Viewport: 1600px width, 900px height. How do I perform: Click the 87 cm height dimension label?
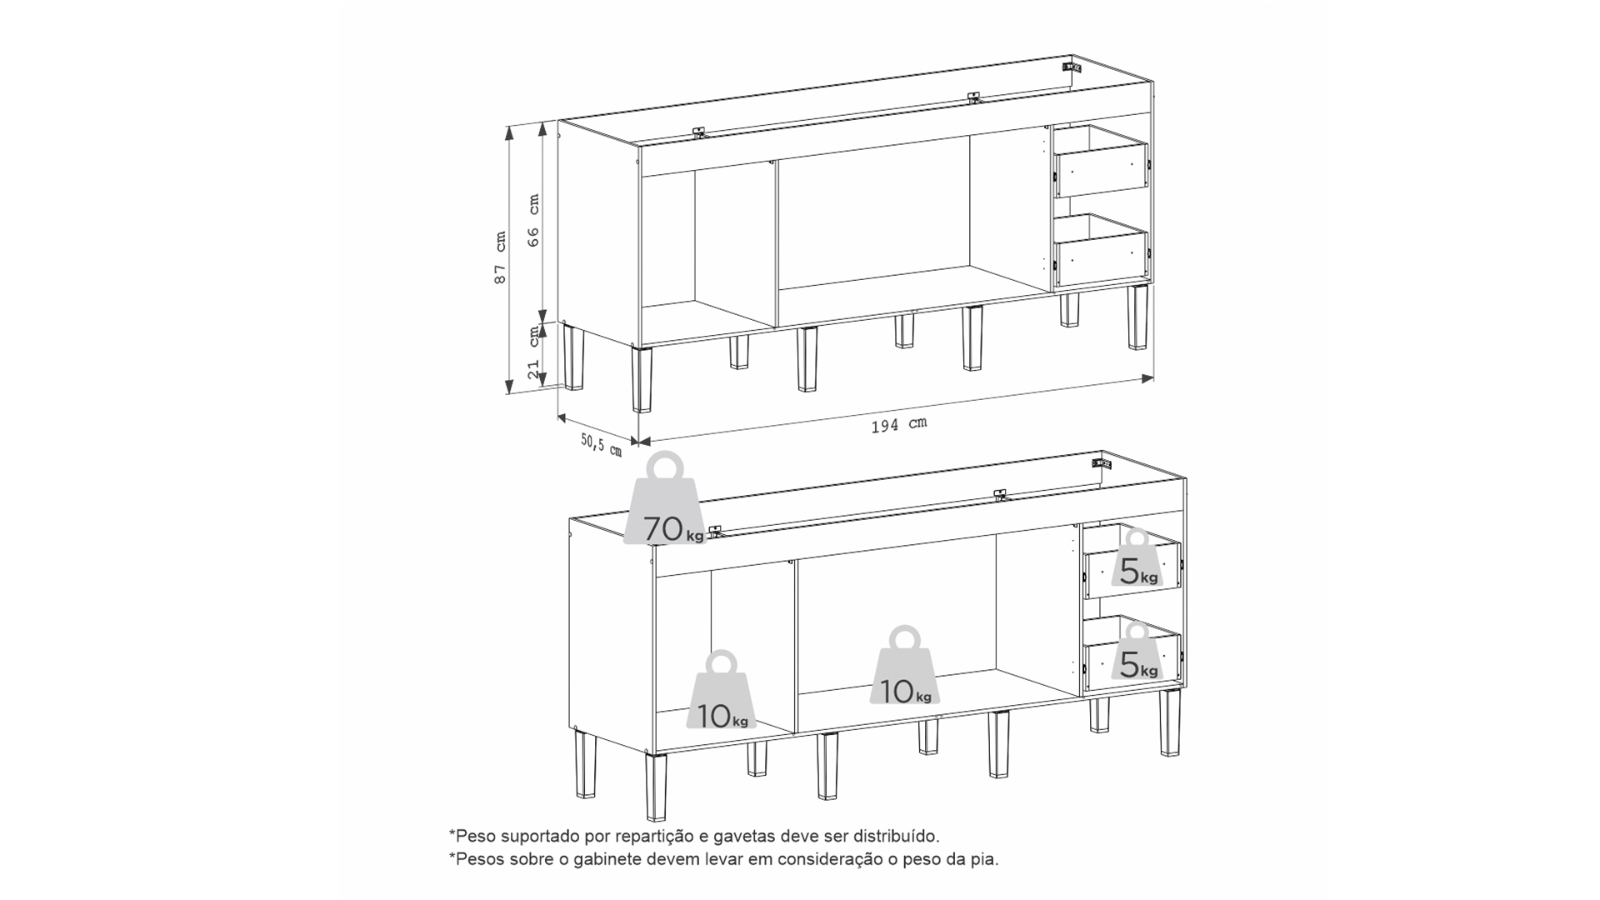point(500,257)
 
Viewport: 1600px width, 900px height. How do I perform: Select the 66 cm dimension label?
point(534,220)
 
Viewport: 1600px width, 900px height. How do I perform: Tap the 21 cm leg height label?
point(534,352)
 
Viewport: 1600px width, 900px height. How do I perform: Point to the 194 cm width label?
point(898,424)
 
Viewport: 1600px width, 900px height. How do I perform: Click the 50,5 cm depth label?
point(602,444)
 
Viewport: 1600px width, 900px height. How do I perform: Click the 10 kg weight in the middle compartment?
point(905,665)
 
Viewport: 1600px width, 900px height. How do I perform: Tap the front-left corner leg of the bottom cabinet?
point(656,787)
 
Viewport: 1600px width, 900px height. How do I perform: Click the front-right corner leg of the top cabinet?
point(1137,317)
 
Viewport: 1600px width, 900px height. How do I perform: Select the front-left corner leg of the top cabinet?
point(642,379)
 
